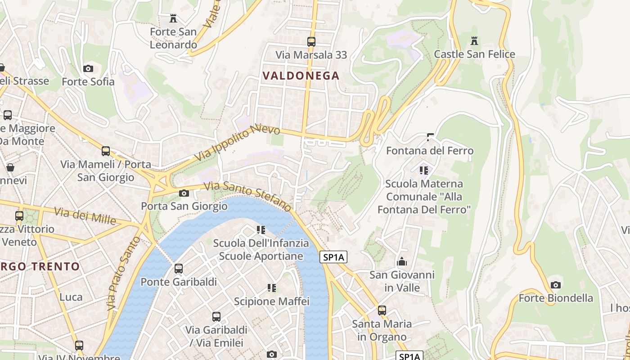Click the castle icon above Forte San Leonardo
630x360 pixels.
click(173, 18)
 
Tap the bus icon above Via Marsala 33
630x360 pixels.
click(311, 42)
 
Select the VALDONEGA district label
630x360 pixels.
click(301, 76)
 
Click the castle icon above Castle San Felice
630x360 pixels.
click(474, 41)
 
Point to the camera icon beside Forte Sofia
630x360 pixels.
click(88, 69)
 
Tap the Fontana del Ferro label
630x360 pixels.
click(430, 150)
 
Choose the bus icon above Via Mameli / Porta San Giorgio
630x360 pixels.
click(106, 151)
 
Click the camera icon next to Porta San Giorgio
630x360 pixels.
click(184, 193)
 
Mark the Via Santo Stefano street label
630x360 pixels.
click(247, 196)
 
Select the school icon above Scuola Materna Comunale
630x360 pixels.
click(423, 170)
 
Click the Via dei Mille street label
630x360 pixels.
click(85, 216)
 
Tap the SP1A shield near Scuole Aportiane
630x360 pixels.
click(333, 257)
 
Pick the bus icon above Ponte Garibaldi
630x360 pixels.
click(179, 269)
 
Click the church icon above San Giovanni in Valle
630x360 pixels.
click(402, 261)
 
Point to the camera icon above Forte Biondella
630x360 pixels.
click(556, 285)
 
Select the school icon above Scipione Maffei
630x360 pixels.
click(271, 288)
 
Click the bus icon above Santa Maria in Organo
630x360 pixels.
click(382, 310)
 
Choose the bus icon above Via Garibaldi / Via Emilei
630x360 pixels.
click(216, 316)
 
